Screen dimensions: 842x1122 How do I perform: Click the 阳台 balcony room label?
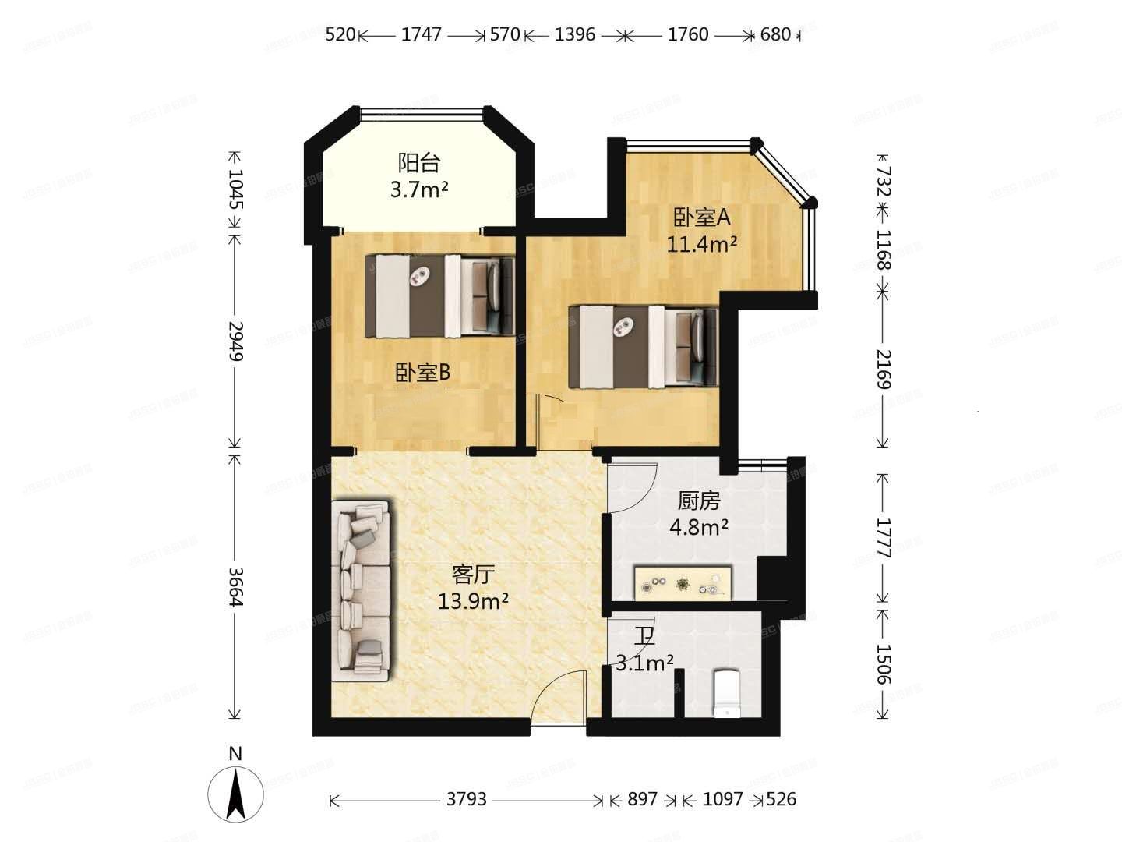tap(419, 163)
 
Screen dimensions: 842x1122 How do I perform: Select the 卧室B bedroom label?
tap(422, 373)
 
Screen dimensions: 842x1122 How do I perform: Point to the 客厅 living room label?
tap(473, 575)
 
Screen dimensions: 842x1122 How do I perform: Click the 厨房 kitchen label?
tap(699, 501)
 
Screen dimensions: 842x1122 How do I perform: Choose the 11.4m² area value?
tap(701, 244)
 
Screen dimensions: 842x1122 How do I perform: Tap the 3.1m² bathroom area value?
tap(644, 663)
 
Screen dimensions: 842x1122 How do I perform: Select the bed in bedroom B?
tap(439, 296)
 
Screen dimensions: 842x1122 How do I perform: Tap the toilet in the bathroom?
tap(727, 692)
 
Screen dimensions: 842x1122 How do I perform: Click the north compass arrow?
tap(235, 793)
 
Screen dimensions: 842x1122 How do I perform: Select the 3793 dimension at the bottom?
tap(467, 799)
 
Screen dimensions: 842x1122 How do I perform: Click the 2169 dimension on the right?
tap(883, 369)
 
